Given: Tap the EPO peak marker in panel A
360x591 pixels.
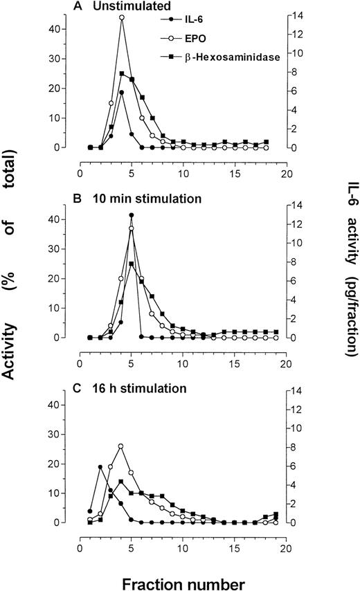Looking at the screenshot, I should pos(121,17).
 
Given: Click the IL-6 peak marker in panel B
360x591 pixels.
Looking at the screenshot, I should pos(132,215).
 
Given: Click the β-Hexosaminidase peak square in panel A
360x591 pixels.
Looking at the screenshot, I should pos(121,73).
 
